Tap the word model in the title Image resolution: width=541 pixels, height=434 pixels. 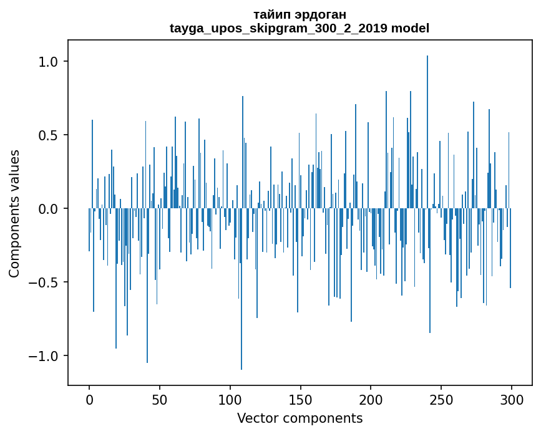tap(410, 28)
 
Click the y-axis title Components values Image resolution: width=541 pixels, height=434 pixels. tap(14, 213)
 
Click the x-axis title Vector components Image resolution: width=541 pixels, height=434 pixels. tap(300, 418)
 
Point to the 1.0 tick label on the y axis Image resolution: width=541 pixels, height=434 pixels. tap(48, 62)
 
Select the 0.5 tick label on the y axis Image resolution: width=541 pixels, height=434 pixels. tap(48, 135)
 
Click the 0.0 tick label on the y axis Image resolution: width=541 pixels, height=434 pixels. tap(48, 209)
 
